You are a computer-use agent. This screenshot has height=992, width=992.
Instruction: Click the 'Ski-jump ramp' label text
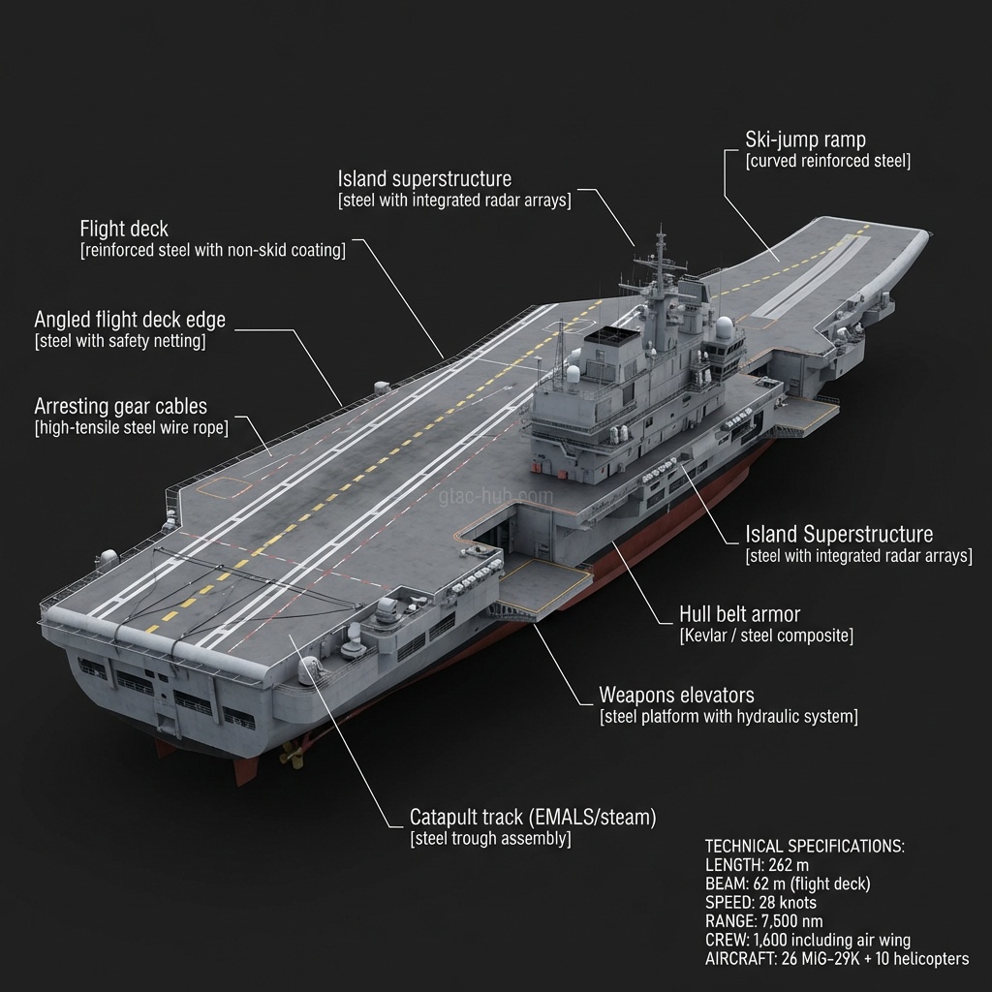point(805,139)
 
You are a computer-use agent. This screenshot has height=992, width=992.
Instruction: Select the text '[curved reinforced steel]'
point(827,161)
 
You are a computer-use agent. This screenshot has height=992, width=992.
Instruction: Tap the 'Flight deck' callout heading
point(124,230)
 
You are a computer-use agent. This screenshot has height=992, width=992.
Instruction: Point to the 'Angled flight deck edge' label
point(130,320)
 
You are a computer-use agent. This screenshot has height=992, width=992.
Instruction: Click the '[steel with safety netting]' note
point(119,341)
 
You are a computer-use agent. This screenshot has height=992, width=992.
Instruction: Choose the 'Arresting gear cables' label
point(120,407)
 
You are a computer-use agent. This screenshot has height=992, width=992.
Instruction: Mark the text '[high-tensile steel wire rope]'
point(131,428)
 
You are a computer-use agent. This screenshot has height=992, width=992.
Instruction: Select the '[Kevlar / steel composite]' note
point(766,636)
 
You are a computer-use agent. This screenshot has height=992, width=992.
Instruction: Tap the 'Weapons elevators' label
point(676,696)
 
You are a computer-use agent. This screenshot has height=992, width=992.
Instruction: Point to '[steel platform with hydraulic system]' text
point(728,717)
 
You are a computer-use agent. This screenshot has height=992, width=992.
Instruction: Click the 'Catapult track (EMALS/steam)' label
point(532,818)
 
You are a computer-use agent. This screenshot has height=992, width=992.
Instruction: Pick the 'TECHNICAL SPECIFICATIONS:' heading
point(804,846)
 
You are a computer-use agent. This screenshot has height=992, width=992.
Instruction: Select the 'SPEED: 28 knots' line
point(760,903)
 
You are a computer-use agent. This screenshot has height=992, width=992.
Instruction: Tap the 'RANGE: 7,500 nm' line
point(765,921)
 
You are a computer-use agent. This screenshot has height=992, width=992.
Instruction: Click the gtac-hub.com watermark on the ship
point(496,496)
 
